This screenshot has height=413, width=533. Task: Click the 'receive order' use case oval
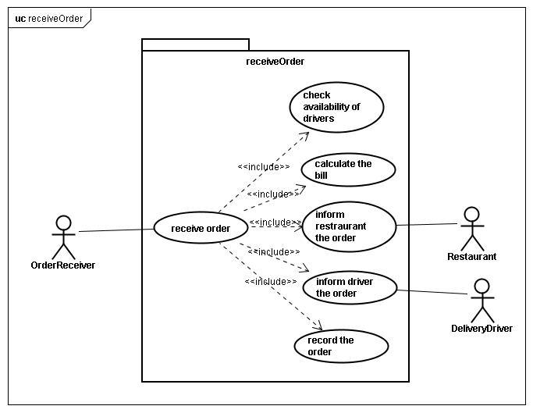201,228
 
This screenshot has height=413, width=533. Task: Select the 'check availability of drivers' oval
336,107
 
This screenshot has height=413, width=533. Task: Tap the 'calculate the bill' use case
348,169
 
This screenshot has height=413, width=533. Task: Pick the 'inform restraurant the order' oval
349,226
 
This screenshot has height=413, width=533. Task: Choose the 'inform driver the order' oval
350,287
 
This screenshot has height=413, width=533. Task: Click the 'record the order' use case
341,346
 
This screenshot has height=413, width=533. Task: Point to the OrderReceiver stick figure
63,237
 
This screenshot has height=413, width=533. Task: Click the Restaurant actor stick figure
472,229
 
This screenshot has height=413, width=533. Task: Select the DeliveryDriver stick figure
482,301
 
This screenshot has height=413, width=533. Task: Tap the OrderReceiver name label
63,265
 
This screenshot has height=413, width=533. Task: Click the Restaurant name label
472,257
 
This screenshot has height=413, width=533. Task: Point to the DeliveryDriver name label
482,328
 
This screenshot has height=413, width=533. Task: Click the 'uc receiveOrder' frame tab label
49,19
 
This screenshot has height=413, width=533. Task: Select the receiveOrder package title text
275,62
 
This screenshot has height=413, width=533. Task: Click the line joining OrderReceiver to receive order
116,230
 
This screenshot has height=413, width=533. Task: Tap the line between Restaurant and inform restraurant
427,225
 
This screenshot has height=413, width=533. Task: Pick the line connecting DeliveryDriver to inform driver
432,292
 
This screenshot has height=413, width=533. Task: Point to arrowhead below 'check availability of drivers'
305,135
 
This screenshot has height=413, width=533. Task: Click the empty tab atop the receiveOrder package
195,45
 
